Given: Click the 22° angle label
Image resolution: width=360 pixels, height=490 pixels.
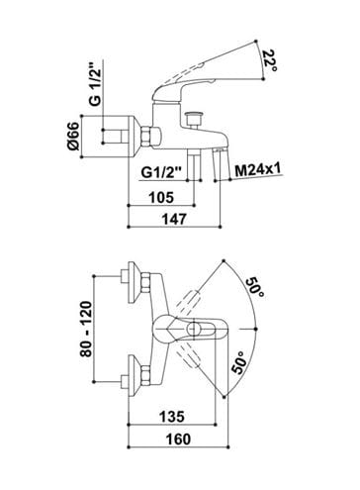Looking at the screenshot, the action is pyautogui.click(x=270, y=60).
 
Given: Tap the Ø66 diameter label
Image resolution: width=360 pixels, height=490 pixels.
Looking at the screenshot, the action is pyautogui.click(x=74, y=136).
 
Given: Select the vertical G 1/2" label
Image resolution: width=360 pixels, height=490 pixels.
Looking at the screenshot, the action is pyautogui.click(x=95, y=83).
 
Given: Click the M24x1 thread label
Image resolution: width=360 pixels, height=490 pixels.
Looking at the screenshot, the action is pyautogui.click(x=258, y=170).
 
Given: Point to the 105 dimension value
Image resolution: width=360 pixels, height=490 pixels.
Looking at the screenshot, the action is pyautogui.click(x=161, y=197).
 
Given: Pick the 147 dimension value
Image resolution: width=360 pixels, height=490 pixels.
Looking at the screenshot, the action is pyautogui.click(x=175, y=219).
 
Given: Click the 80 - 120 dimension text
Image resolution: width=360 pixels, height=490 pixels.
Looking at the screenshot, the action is pyautogui.click(x=86, y=329).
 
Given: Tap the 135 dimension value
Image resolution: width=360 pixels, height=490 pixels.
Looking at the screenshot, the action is pyautogui.click(x=172, y=417).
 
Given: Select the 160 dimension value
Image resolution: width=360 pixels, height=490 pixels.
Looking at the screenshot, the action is pyautogui.click(x=178, y=440).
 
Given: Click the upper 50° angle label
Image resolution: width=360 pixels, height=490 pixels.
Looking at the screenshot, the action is pyautogui.click(x=255, y=288).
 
